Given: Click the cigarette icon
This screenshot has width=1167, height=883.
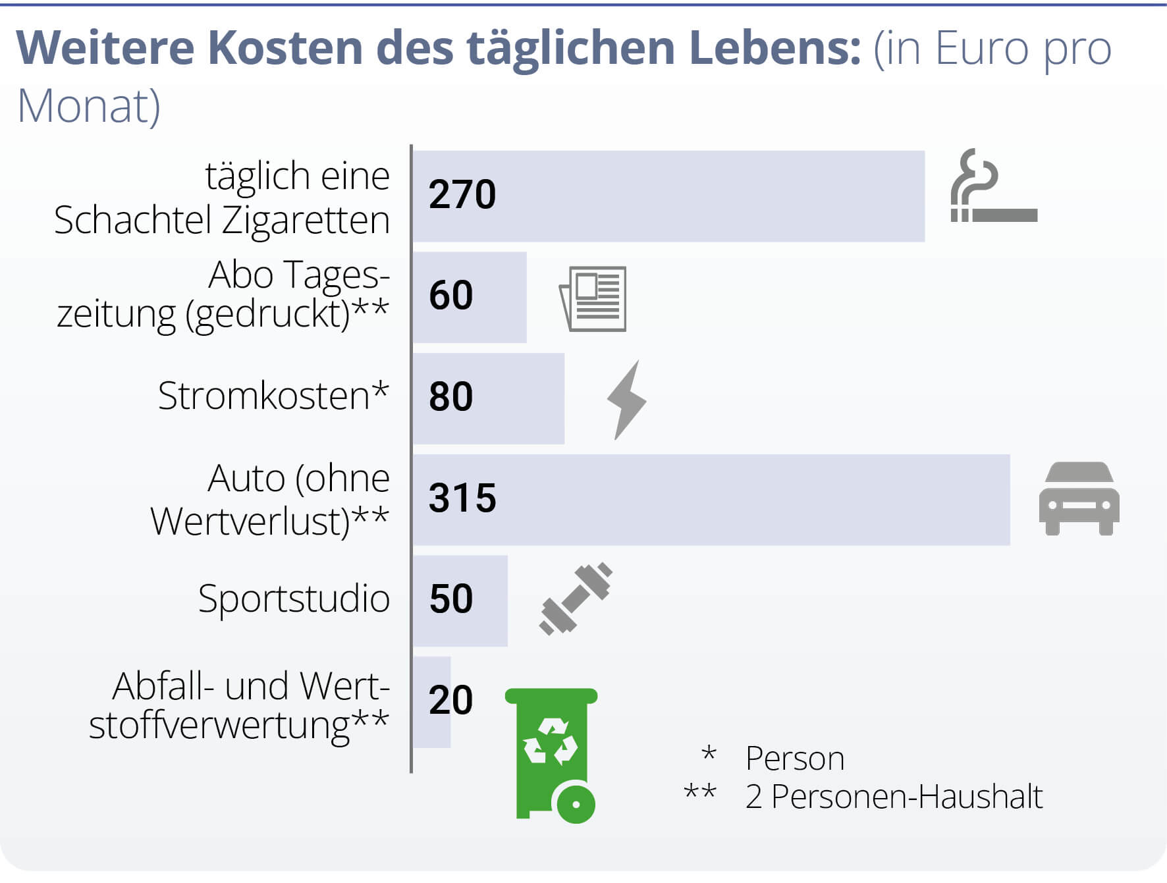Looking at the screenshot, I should [x=994, y=188].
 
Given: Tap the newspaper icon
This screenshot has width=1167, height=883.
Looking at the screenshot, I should [x=593, y=298].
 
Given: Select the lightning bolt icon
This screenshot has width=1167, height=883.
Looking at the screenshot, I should [x=626, y=400].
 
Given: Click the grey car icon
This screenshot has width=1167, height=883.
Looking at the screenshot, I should [x=1079, y=498].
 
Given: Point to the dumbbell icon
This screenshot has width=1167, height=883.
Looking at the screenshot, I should [x=576, y=599].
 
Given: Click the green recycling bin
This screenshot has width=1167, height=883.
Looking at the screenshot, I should [x=551, y=751].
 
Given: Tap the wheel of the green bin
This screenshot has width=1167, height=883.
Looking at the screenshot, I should [x=576, y=803].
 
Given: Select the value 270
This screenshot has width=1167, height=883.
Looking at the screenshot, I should [x=462, y=195].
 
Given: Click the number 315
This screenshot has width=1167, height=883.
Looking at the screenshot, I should [x=462, y=498].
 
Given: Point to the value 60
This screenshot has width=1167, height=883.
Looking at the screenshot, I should [x=451, y=296].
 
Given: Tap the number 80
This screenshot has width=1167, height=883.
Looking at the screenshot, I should [x=451, y=397].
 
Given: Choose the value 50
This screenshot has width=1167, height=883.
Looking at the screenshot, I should [x=451, y=599].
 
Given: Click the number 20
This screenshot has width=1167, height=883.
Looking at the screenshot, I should [x=451, y=700].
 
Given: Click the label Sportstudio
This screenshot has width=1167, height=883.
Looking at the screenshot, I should [x=294, y=599].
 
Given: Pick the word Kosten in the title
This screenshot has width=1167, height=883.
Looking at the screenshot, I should [x=285, y=48].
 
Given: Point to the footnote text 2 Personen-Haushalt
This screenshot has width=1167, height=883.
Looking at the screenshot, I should [x=894, y=797].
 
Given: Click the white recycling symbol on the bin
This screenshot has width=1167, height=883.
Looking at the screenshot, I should [x=551, y=742].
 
